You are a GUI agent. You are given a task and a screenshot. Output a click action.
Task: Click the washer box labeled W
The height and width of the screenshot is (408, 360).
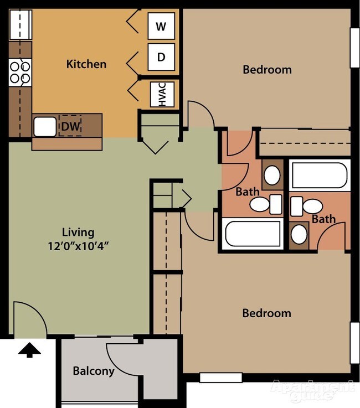tap(161, 26)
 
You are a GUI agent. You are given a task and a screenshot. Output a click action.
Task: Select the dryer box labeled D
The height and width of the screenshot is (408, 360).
tap(161, 57)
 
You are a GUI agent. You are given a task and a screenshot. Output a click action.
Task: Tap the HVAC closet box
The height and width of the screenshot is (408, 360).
tap(163, 94)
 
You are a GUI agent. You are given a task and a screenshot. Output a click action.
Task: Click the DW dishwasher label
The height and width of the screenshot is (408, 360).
tap(70, 127)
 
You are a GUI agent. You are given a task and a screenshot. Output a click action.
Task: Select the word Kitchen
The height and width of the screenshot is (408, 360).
tap(86, 64)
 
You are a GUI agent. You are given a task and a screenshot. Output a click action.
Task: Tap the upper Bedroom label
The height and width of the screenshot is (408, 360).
tap(267, 70)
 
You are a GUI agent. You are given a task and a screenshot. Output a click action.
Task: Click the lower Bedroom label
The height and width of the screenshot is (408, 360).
tap(266, 313)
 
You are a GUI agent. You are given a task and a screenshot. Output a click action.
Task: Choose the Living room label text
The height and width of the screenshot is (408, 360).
tap(78, 233)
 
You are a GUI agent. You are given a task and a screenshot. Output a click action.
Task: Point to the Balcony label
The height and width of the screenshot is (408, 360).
tap(94, 371)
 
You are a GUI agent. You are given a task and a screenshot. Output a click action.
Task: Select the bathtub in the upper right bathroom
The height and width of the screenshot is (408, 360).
tap(319, 175)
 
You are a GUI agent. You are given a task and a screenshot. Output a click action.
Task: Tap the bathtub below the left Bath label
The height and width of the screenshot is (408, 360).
tap(253, 234)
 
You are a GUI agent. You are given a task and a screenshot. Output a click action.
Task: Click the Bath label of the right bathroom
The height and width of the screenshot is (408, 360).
tap(323, 219)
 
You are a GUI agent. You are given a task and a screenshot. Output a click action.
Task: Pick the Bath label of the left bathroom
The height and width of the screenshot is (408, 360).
tap(247, 192)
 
